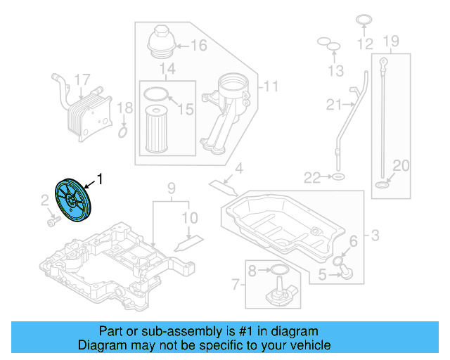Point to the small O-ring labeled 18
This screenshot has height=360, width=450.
tap(123, 131)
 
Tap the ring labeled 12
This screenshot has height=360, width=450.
tap(364, 19)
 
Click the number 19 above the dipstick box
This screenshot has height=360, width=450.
tap(392, 40)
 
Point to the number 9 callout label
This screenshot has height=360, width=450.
tap(170, 188)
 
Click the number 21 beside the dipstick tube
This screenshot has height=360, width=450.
tap(333, 105)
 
